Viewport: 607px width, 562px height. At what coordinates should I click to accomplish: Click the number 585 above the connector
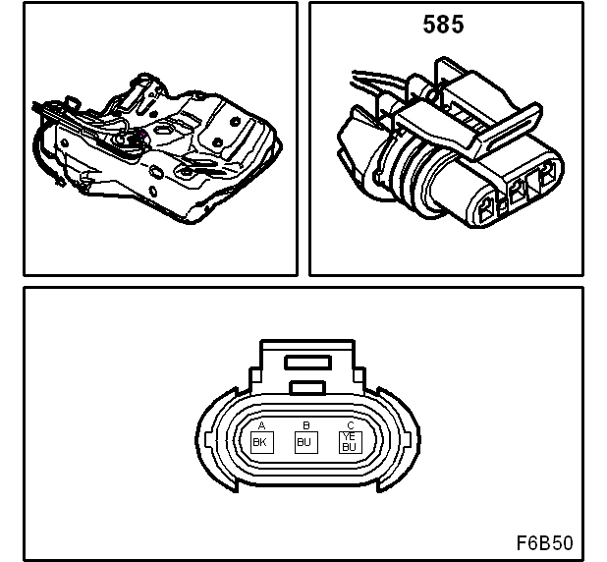[x=443, y=25]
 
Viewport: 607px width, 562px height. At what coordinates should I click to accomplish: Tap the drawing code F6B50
[x=544, y=543]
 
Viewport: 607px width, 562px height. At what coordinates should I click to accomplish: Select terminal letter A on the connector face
[x=261, y=424]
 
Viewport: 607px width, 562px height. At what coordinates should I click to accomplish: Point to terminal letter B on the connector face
[x=306, y=424]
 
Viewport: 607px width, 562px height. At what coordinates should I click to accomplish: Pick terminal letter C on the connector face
[x=351, y=424]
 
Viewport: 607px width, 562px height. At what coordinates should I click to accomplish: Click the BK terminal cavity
[x=260, y=442]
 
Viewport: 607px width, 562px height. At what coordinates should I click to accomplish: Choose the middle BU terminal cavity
[x=305, y=442]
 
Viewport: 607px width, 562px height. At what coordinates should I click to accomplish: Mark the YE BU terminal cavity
[x=349, y=442]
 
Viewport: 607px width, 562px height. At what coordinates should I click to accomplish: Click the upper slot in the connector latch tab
[x=305, y=362]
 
